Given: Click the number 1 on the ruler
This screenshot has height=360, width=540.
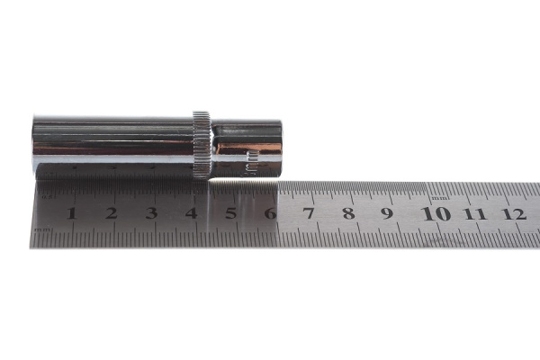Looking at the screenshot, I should [71, 213].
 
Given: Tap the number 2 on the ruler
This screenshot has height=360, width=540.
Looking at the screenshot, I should [111, 213].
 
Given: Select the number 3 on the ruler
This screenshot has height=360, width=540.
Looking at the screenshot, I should [151, 213].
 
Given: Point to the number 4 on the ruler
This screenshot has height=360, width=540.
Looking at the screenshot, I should [191, 213].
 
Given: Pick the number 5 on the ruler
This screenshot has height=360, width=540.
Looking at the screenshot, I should [230, 213].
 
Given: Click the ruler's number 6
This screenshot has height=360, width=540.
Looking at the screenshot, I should [270, 213].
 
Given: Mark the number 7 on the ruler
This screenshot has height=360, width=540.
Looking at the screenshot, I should [309, 213].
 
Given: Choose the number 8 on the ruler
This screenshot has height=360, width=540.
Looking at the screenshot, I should [348, 213].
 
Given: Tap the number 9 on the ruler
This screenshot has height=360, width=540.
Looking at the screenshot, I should [387, 213].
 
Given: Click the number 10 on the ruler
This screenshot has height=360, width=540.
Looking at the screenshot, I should [436, 213].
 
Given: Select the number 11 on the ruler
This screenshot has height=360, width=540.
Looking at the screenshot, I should [475, 213].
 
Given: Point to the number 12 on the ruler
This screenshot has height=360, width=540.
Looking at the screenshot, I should [514, 213].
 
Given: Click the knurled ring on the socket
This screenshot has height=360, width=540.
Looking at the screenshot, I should [202, 144].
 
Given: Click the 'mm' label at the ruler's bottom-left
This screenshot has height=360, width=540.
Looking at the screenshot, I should [41, 230].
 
